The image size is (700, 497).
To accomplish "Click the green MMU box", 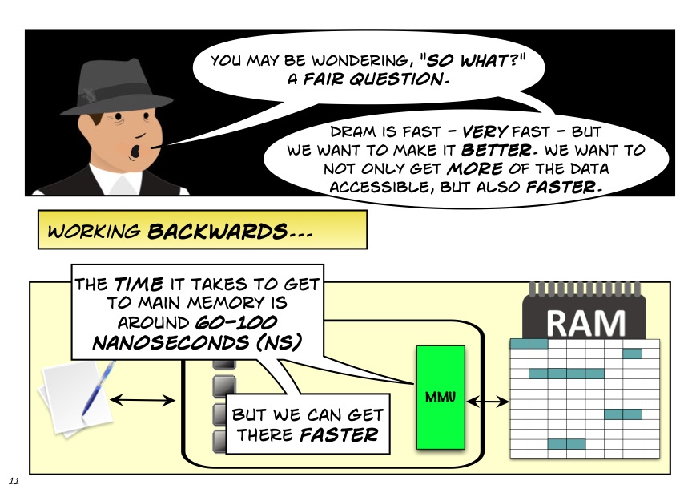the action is click(441, 397).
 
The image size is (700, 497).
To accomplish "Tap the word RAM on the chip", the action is click(585, 323).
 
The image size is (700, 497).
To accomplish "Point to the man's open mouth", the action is click(135, 152).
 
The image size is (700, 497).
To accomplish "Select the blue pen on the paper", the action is click(98, 389).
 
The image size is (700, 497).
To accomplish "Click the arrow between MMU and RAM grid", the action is click(488, 402).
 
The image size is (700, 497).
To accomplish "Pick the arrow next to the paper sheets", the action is click(142, 399).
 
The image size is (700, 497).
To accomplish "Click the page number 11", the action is click(14, 481).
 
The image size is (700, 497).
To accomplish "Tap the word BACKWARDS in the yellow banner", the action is click(217, 232).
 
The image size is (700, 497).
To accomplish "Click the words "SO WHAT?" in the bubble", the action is click(476, 60).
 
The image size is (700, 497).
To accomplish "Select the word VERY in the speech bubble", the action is click(485, 131).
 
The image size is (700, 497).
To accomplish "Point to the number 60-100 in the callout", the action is click(236, 322).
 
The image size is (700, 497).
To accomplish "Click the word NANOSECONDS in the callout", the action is click(170, 343).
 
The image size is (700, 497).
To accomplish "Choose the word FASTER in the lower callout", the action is click(340, 434).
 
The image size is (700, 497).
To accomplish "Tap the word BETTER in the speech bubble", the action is click(496, 150).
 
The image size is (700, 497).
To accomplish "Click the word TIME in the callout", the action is click(139, 285).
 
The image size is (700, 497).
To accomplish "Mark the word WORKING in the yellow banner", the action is click(95, 232).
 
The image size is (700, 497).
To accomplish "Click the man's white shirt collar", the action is click(111, 180).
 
